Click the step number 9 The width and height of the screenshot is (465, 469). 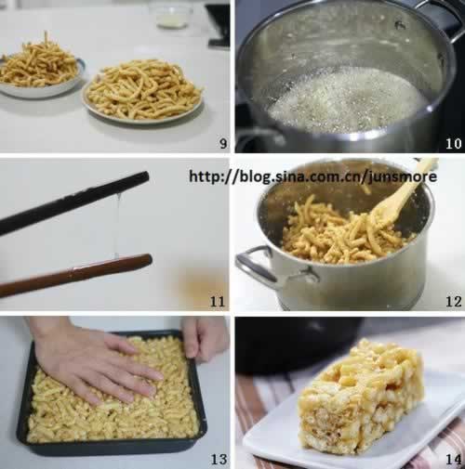(x=223, y=143)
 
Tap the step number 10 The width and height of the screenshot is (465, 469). (x=454, y=143)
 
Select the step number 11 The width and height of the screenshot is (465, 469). (x=218, y=301)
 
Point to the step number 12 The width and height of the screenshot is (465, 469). (x=454, y=301)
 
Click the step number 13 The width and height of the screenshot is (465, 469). (x=219, y=459)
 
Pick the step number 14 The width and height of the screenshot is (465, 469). (x=454, y=459)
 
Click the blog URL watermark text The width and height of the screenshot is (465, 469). (x=313, y=176)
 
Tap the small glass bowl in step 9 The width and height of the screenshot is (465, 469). (x=171, y=17)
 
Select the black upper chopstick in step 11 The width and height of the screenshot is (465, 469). (x=74, y=202)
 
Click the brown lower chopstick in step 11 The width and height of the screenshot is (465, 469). (x=76, y=274)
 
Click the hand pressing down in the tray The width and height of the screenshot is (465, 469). (x=93, y=362)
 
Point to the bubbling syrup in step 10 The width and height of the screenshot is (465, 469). (x=344, y=99)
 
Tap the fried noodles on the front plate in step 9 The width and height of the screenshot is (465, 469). (x=143, y=90)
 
